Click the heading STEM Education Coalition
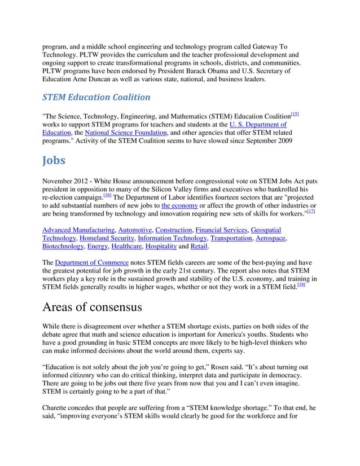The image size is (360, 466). coord(96,97)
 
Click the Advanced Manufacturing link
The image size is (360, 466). coord(79,231)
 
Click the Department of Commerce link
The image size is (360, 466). coord(92,263)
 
